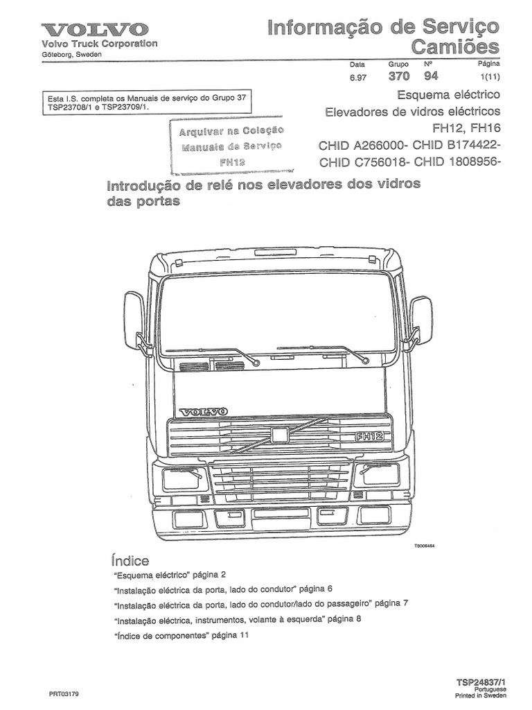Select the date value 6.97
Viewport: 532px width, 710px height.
point(358,77)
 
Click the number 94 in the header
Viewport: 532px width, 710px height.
point(432,76)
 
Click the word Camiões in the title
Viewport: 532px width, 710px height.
point(455,47)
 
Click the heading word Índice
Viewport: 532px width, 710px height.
point(130,560)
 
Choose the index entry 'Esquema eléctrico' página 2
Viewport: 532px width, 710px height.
point(168,575)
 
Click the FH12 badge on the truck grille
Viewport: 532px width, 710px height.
point(369,437)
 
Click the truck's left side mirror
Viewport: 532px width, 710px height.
point(133,319)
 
